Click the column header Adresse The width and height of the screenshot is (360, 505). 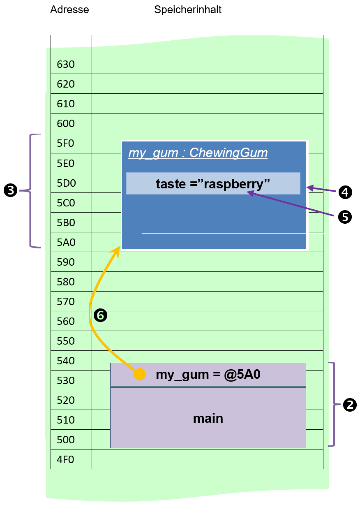coord(69,9)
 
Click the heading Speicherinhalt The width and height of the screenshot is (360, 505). coord(187,10)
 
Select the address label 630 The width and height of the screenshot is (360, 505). coord(66,64)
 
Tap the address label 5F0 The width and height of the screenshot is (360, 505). coord(65,143)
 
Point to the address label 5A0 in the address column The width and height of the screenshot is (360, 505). coord(66,242)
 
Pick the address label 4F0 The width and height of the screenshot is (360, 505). coord(65,459)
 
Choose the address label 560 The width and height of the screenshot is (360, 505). coord(66,321)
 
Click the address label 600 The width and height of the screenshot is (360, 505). coord(66,123)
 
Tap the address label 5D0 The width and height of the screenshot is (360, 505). coord(66,183)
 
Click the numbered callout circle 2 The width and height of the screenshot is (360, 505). coord(349,405)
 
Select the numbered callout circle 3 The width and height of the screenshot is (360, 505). coord(10,190)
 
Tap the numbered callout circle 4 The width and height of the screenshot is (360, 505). coord(345,192)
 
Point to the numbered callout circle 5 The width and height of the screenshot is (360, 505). coord(345,217)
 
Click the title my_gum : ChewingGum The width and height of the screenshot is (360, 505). coord(198,153)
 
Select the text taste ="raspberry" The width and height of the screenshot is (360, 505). coord(212,184)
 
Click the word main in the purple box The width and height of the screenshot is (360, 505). coord(208,419)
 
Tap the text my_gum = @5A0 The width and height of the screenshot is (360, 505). coord(208,375)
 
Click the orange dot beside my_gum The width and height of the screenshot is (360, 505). coord(140,374)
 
